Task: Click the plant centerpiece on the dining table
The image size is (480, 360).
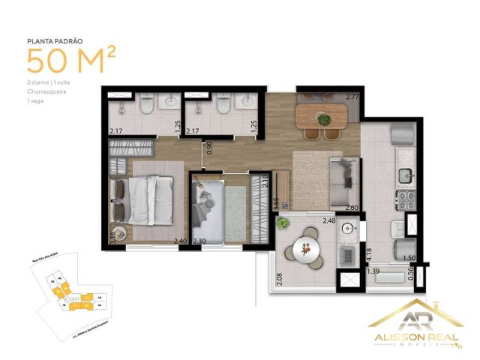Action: click(x=324, y=118)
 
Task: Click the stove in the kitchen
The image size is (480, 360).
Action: click(x=405, y=200)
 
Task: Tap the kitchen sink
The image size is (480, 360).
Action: click(x=406, y=174)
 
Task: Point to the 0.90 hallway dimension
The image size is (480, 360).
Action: click(x=210, y=147)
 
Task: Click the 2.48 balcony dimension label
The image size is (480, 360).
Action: click(x=329, y=220)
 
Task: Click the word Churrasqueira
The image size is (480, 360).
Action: click(x=46, y=92)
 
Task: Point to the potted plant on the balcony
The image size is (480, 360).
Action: click(x=283, y=223)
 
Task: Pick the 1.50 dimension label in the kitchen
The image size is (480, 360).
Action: click(x=409, y=258)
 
